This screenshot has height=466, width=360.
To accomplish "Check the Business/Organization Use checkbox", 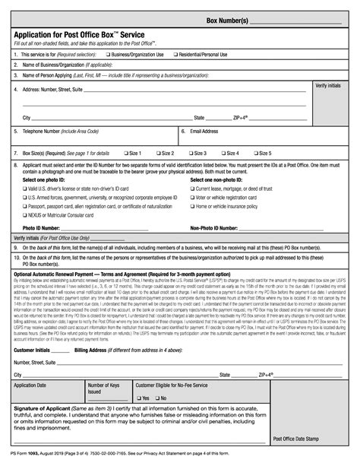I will pyautogui.click(x=107, y=55).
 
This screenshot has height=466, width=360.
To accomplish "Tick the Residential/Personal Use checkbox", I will pyautogui.click(x=175, y=55).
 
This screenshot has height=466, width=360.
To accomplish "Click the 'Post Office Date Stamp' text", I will pyautogui.click(x=320, y=438).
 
